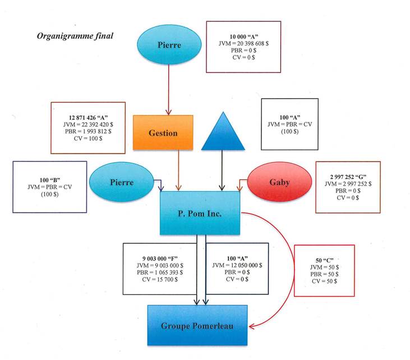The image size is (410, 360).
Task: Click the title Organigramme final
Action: [75, 36]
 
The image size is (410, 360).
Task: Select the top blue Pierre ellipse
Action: [168, 44]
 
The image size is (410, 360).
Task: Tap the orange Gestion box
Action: [163, 133]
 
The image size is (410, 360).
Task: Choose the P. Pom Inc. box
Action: [200, 213]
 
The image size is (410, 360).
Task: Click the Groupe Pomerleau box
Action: [197, 325]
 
